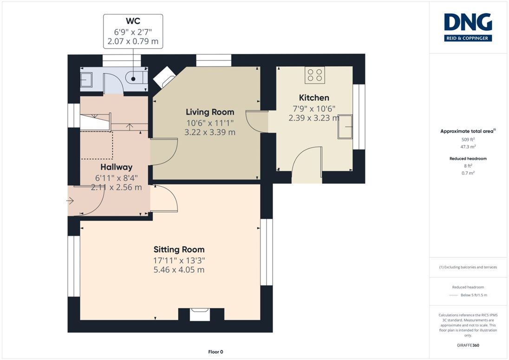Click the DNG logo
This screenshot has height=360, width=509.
[468, 27]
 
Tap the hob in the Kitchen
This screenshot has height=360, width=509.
[314, 75]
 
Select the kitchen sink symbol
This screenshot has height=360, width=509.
[345, 127]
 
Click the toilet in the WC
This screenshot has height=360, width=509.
[136, 78]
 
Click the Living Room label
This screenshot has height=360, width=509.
[210, 112]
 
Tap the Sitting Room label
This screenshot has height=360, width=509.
[179, 249]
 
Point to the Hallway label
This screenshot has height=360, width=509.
[116, 167]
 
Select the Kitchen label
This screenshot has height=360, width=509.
[314, 98]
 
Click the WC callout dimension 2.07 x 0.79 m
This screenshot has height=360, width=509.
[133, 41]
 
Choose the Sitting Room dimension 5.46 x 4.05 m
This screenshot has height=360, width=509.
[179, 270]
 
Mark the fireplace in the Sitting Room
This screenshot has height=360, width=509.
[200, 314]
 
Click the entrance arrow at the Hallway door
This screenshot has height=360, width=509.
[70, 201]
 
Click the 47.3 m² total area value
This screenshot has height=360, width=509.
[468, 147]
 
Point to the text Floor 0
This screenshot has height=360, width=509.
[215, 352]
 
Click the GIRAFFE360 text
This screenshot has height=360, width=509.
[468, 346]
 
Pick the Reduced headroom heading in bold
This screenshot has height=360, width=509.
[468, 159]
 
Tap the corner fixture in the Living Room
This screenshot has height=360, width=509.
[164, 77]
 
